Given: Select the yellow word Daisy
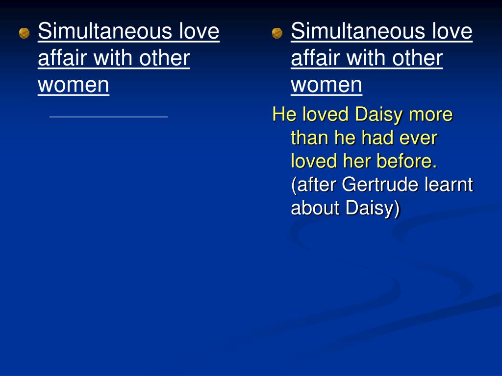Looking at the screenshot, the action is (x=379, y=115).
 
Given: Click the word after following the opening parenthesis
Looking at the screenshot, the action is (x=314, y=185).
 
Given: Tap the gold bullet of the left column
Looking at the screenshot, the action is (x=25, y=33).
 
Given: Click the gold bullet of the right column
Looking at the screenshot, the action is (x=277, y=33).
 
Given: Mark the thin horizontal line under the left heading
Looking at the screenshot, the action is (x=108, y=117).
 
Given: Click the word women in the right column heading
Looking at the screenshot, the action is (x=326, y=85).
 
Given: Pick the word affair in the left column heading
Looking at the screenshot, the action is (x=62, y=58).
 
